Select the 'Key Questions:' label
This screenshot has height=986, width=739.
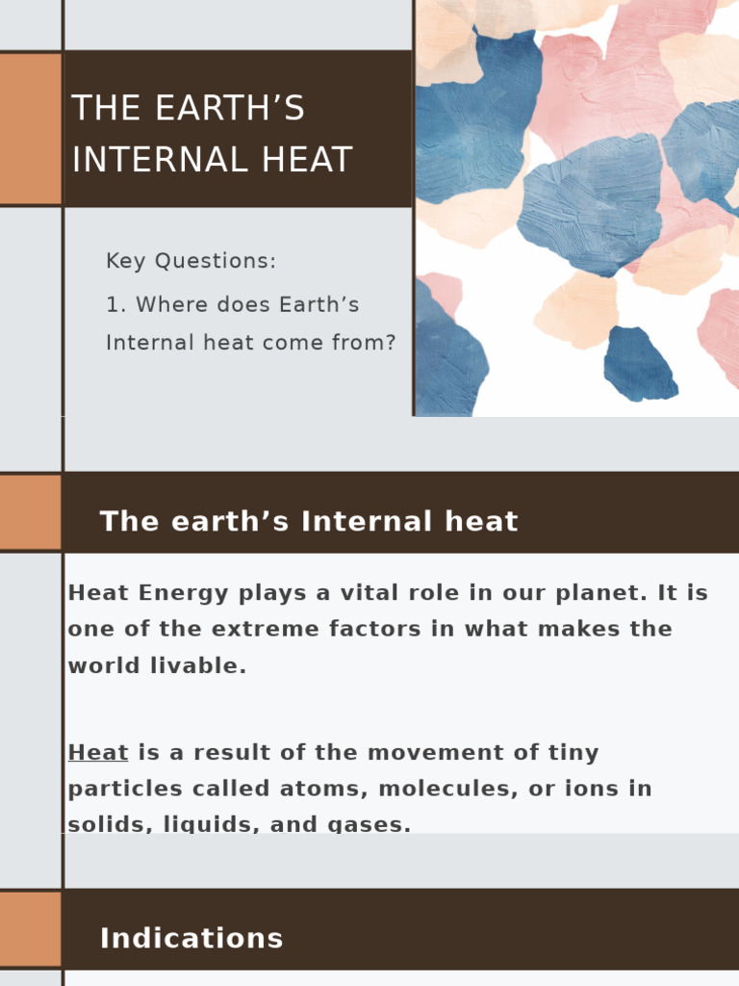click(191, 261)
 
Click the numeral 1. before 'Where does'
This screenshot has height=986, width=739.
click(116, 305)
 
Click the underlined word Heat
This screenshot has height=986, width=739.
click(98, 753)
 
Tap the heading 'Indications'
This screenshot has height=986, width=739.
click(191, 939)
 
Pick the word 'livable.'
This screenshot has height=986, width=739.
click(201, 666)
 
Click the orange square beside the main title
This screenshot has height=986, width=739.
click(30, 129)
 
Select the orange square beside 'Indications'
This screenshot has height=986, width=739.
click(30, 929)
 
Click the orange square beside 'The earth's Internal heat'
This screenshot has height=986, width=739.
click(30, 511)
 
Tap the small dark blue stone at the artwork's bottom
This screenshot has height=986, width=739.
click(639, 364)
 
